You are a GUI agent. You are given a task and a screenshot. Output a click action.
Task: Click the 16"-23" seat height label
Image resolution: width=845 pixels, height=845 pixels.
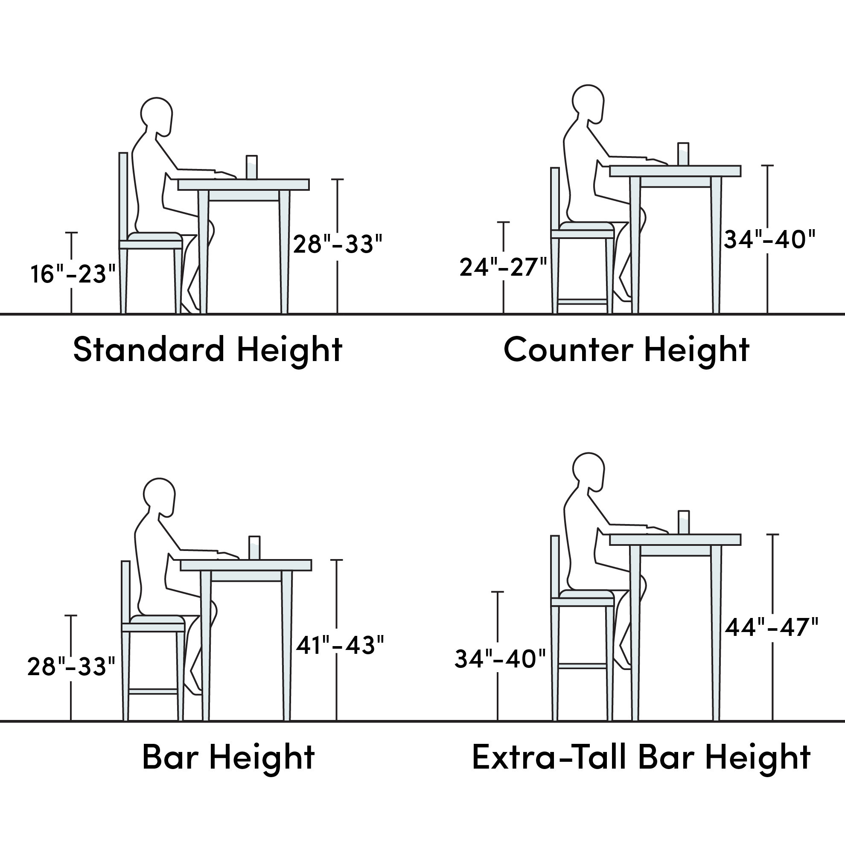[x=73, y=275]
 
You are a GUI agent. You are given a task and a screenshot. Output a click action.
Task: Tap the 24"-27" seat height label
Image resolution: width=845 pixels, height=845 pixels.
[x=504, y=267]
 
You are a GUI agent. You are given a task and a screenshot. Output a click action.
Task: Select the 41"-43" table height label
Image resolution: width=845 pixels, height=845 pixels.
[x=340, y=645]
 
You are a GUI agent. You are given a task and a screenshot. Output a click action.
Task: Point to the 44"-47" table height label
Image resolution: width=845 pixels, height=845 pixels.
[x=772, y=628]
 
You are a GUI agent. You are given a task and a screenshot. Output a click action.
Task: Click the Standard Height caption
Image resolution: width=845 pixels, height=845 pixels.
[x=208, y=350]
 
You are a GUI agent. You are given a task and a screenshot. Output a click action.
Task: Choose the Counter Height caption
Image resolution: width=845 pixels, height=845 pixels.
[x=627, y=350]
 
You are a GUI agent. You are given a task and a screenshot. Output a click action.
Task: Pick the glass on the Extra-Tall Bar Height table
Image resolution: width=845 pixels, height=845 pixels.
[x=684, y=522]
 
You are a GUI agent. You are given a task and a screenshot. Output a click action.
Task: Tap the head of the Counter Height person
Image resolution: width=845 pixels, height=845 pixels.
[x=588, y=103]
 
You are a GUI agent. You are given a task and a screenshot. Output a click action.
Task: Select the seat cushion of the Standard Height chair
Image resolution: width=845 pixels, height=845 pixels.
[x=155, y=236]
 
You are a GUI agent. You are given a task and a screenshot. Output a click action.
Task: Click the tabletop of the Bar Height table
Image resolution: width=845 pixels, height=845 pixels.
[x=246, y=565]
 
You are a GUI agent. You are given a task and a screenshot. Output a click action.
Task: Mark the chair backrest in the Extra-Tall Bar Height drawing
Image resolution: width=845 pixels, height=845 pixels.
[x=555, y=566]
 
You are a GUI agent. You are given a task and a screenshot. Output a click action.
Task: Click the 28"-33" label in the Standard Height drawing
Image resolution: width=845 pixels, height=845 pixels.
[x=338, y=244]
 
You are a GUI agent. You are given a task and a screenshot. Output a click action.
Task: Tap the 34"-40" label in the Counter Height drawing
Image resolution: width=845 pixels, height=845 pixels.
[x=770, y=240]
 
